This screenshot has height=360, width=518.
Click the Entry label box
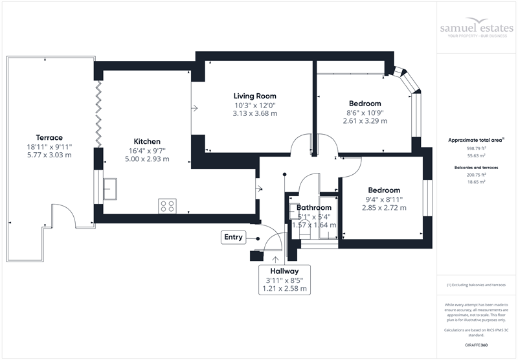233,237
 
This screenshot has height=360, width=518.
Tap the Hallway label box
284,280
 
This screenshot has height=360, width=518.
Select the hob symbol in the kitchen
167,205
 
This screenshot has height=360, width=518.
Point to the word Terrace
49,137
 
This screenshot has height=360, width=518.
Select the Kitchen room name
147,141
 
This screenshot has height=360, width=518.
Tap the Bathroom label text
314,207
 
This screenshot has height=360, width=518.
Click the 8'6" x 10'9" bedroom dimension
365,112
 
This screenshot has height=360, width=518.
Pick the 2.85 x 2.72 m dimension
384,208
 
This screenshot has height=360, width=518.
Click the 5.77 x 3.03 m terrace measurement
49,155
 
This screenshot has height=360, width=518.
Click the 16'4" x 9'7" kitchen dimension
147,150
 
